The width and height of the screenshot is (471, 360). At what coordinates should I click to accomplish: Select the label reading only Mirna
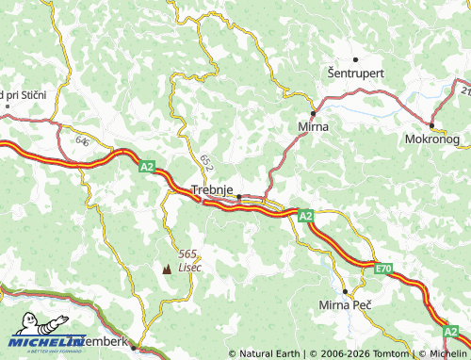click(312, 124)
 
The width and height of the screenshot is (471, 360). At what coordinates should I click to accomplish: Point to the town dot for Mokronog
click(431, 125)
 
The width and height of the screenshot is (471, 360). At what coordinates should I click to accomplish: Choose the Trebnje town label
click(212, 188)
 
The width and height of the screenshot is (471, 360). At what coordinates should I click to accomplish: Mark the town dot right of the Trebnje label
click(239, 197)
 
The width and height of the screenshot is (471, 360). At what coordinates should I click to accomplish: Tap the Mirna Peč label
click(347, 305)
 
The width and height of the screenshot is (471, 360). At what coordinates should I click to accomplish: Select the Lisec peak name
click(189, 268)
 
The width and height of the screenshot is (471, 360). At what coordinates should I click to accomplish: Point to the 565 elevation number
click(188, 254)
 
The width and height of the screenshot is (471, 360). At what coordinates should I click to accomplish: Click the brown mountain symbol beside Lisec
click(168, 268)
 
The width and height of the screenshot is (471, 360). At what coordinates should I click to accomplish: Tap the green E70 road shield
click(382, 270)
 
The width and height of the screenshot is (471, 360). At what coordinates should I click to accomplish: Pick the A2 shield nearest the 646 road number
click(146, 167)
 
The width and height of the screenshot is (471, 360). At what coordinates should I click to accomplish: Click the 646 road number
click(83, 141)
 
